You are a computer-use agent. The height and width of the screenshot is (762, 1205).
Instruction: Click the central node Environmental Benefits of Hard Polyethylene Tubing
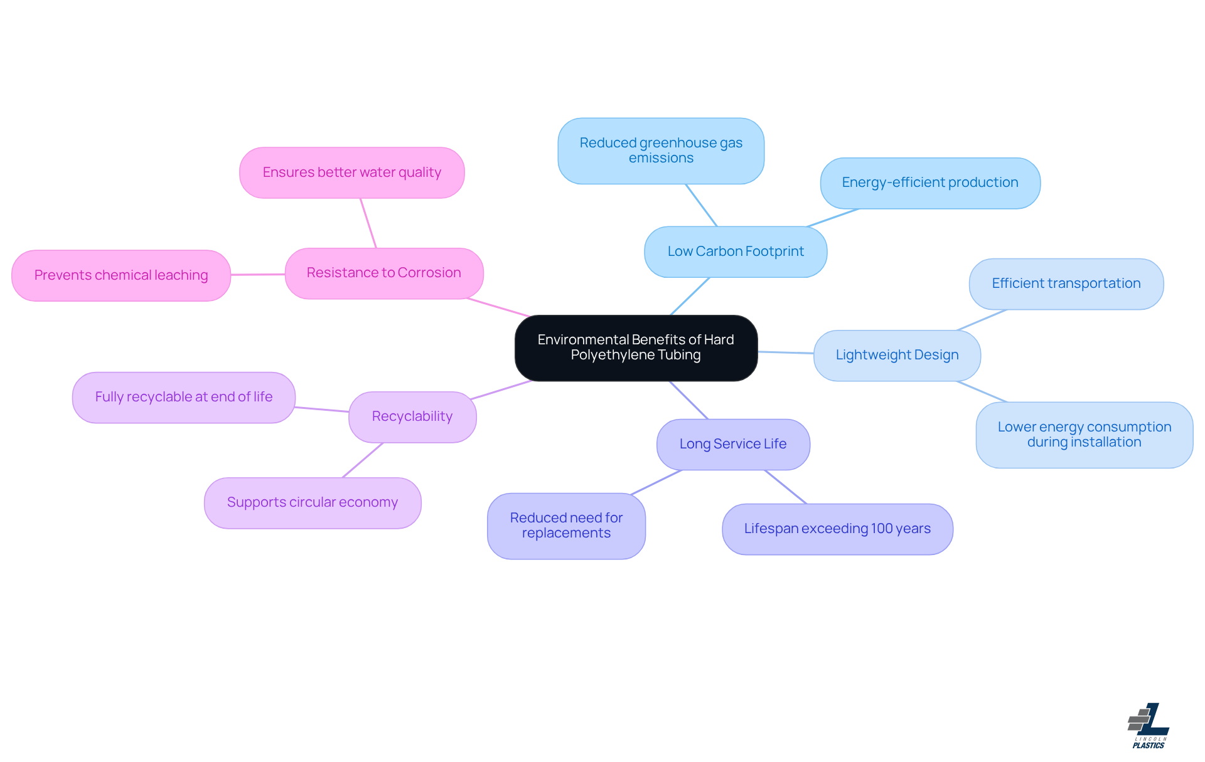(636, 347)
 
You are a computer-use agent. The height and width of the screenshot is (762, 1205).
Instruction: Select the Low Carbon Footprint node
(735, 251)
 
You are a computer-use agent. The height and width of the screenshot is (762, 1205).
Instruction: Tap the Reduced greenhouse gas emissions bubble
(660, 151)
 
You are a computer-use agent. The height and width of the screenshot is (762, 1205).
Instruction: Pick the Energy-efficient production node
(929, 183)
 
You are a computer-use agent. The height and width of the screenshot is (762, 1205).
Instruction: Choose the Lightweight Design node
(896, 355)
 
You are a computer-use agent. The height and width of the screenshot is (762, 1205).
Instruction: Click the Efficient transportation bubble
(1066, 283)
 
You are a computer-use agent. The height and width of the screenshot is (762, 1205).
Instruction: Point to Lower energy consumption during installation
(1084, 434)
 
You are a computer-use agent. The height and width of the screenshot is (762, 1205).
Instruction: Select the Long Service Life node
(732, 444)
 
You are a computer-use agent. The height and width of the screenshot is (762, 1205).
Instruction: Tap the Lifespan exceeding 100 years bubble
(837, 529)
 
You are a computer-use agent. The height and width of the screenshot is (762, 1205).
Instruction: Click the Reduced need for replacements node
(565, 526)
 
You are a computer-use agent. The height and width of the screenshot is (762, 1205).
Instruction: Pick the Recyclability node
(412, 416)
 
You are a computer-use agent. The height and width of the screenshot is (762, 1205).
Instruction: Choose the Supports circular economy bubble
(312, 502)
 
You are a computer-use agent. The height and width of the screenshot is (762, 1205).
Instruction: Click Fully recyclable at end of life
(183, 397)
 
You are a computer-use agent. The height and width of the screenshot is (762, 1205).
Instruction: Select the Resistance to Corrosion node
(383, 273)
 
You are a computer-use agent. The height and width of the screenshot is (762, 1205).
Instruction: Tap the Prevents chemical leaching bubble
(120, 275)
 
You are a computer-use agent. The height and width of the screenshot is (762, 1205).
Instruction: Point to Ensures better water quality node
(351, 172)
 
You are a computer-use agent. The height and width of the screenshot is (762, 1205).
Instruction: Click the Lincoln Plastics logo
(1149, 726)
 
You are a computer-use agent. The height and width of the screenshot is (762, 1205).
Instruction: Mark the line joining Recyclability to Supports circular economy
(363, 460)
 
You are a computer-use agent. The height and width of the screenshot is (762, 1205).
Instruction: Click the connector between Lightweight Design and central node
(786, 352)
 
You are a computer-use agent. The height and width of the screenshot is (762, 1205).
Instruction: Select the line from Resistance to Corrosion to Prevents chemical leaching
(258, 274)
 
